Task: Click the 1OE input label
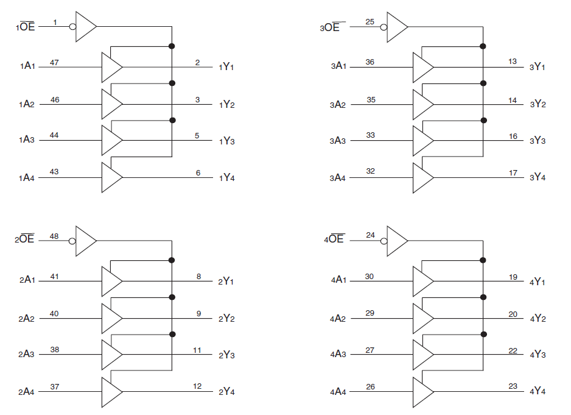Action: [x=26, y=27]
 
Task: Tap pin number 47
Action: [x=54, y=63]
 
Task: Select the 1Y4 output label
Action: [x=226, y=177]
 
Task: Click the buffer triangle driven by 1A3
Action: [x=111, y=140]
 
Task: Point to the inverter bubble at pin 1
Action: [x=72, y=27]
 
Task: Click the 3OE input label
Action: [x=332, y=27]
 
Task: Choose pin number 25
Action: [x=370, y=22]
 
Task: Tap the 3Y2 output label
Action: [x=538, y=104]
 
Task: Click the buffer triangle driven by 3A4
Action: [x=422, y=177]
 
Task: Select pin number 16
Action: [x=513, y=137]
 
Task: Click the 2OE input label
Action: [x=24, y=239]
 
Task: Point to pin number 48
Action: [x=54, y=235]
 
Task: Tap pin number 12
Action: [x=197, y=386]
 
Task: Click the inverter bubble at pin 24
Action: [x=384, y=240]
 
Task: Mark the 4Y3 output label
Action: [x=538, y=355]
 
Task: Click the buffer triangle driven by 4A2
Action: [x=422, y=318]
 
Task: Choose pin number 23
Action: [x=513, y=386]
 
